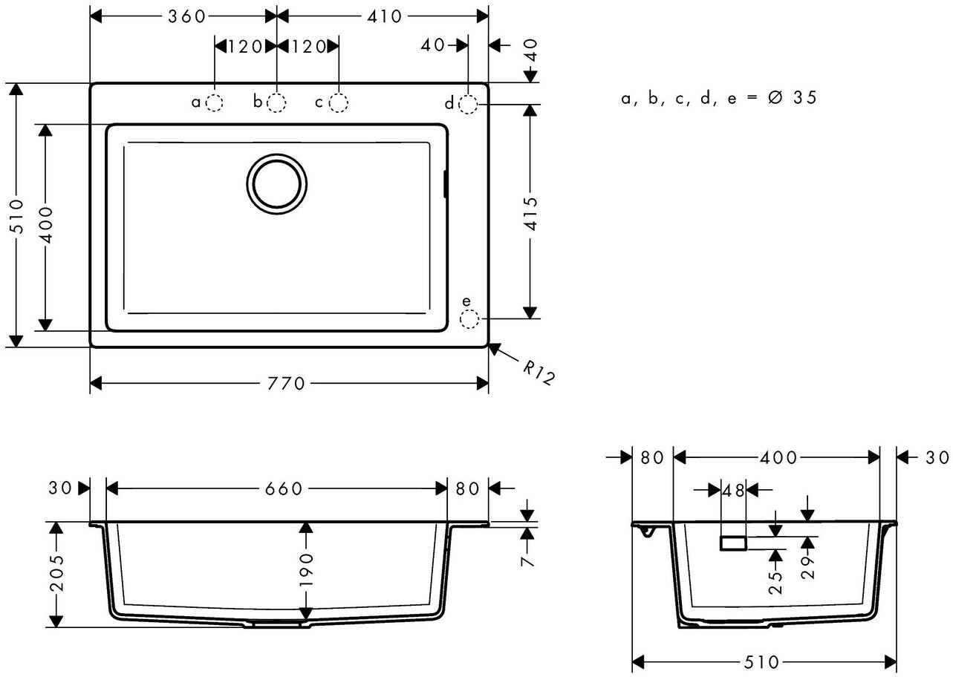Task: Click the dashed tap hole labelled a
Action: pos(214,102)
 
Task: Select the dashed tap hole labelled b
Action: pos(276,102)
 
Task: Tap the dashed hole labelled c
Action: pos(339,102)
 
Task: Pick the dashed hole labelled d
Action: pos(468,104)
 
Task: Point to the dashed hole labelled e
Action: pos(469,320)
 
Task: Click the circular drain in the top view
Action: pos(276,183)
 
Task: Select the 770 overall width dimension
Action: pos(285,384)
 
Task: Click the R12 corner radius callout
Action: pos(539,372)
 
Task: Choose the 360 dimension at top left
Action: pos(185,16)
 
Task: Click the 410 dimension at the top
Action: pos(384,16)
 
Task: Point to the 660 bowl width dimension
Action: pos(282,488)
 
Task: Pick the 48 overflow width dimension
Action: pos(734,490)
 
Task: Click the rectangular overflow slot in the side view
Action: pos(732,543)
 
